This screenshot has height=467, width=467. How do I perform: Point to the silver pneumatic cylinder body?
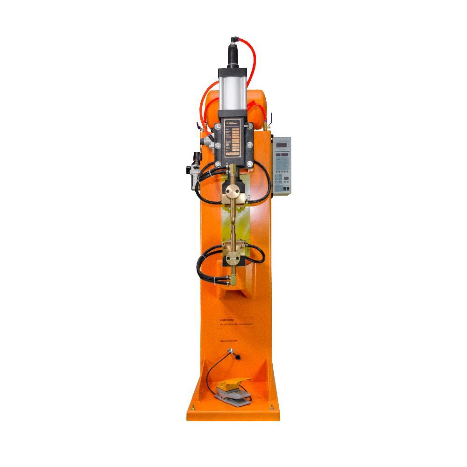(x=232, y=91)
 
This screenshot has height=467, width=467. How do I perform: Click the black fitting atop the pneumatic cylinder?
(x=232, y=54)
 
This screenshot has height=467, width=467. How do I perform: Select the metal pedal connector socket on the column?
(x=230, y=351)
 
